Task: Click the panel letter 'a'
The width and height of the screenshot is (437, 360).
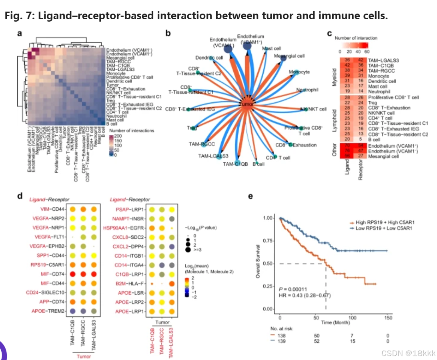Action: click(19, 34)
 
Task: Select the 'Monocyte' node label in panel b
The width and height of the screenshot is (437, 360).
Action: click(300, 72)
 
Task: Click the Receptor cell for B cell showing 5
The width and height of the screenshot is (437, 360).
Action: click(360, 140)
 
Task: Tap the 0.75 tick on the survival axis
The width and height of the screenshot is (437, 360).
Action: click(268, 241)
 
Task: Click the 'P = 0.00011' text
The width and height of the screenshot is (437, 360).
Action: click(290, 288)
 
